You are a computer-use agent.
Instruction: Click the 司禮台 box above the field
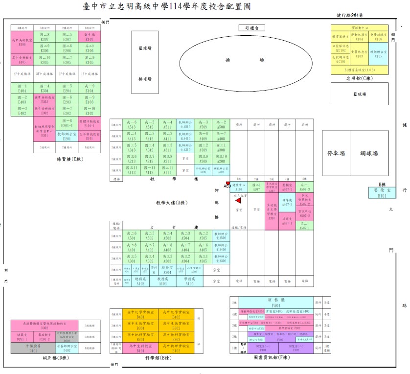(251, 29)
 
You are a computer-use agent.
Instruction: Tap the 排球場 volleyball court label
(144, 79)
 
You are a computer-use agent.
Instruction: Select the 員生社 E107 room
(89, 37)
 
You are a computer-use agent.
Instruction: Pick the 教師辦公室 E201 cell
(67, 136)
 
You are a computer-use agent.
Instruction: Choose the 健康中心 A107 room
(238, 187)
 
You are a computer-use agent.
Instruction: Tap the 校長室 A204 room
(167, 270)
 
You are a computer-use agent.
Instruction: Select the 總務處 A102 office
(140, 281)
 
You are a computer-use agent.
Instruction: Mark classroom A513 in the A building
(131, 124)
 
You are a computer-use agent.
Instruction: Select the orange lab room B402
(176, 315)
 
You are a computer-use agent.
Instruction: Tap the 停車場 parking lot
(336, 153)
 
